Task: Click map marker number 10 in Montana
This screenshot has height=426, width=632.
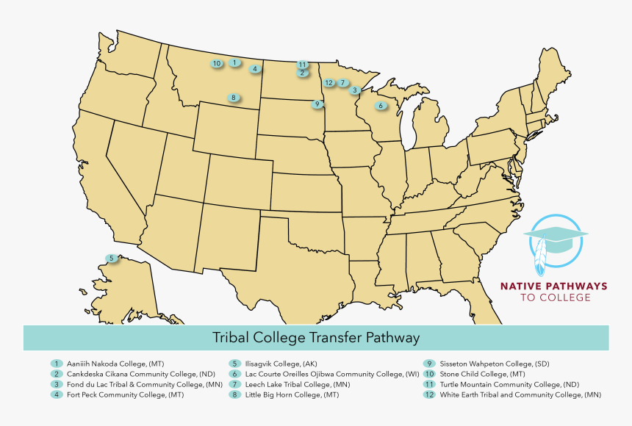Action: click(x=216, y=64)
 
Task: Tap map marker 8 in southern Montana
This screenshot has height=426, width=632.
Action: click(x=233, y=98)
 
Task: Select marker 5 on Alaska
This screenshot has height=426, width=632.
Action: click(x=111, y=259)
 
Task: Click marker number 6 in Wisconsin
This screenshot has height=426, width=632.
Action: click(x=380, y=106)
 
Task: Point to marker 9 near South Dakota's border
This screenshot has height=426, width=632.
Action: click(x=317, y=104)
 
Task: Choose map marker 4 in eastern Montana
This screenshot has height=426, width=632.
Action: click(x=254, y=69)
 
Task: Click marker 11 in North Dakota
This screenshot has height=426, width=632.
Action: click(x=302, y=65)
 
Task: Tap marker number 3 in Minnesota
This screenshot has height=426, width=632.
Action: click(x=355, y=90)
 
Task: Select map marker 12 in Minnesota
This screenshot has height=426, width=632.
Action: click(x=328, y=82)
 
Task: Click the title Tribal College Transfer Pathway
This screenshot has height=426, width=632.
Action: click(x=316, y=338)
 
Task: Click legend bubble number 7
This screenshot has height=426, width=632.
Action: click(x=234, y=384)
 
